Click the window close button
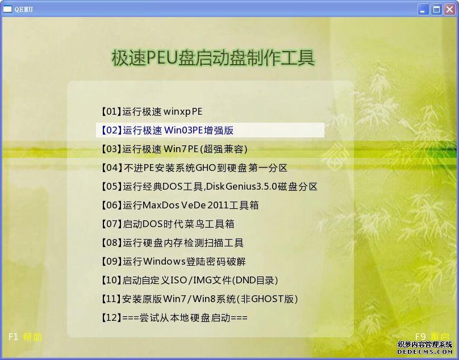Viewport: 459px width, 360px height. coord(449,9)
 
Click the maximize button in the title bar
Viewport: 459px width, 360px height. coord(436,9)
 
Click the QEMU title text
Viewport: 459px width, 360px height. coord(24,9)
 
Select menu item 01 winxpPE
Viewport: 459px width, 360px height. coord(152,111)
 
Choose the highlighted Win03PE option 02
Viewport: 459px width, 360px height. coord(167,130)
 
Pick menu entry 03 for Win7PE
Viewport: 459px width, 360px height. coord(174,149)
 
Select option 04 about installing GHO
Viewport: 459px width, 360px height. coord(194,168)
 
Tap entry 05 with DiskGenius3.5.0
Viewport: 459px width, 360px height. coord(209,186)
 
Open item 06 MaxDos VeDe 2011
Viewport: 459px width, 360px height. coord(180,205)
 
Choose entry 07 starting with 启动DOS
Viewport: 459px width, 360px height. coord(168,224)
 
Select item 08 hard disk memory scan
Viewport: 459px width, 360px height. coord(172,242)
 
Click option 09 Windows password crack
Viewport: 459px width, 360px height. coord(173,261)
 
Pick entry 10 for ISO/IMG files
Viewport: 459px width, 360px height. coord(189,280)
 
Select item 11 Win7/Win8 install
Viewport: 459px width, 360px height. coord(199,299)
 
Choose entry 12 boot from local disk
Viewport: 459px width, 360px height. coord(174,317)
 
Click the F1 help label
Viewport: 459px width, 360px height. coord(25,337)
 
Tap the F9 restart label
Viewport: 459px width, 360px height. coord(432,337)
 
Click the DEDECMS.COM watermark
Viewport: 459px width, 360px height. coord(425,351)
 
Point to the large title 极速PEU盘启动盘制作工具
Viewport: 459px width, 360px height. coord(214,58)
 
